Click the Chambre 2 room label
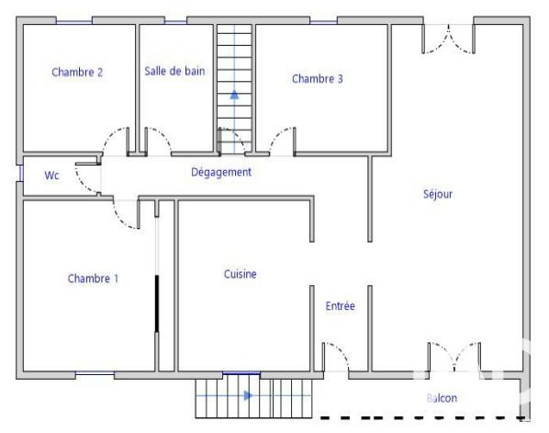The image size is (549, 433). coord(76,72)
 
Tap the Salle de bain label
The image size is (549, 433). coord(174,71)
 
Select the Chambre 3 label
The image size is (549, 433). coord(317,79)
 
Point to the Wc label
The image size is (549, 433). coord(51,176)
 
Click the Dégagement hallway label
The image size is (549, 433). coord(220,172)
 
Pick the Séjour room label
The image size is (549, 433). coord(438,194)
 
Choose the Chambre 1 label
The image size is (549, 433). coord(93,279)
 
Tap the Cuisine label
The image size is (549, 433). coord(240,274)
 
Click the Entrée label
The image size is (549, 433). coord(340,306)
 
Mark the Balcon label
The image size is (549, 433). coord(442,398)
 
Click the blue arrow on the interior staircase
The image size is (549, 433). coord(234,93)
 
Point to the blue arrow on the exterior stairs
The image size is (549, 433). coord(249,396)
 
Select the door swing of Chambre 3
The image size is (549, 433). coord(283,141)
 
